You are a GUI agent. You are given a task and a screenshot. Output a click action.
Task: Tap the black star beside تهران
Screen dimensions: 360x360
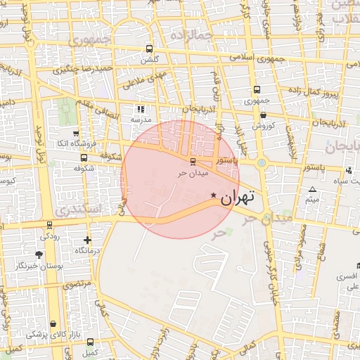[213, 195]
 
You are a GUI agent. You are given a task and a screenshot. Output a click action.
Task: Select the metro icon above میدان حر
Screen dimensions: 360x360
[184, 161]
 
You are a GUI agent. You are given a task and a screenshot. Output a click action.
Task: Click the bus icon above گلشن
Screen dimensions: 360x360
[148, 49]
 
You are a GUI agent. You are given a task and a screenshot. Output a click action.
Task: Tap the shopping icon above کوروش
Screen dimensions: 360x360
[263, 115]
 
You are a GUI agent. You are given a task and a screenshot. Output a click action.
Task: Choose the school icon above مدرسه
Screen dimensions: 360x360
[141, 109]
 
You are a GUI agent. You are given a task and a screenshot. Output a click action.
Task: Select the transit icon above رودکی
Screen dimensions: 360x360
[49, 226]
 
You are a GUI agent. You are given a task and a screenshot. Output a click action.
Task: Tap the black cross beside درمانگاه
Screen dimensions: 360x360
[87, 240]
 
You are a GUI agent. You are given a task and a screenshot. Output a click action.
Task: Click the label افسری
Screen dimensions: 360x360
[346, 276]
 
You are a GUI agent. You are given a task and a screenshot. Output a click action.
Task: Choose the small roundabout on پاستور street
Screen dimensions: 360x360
[262, 163]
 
